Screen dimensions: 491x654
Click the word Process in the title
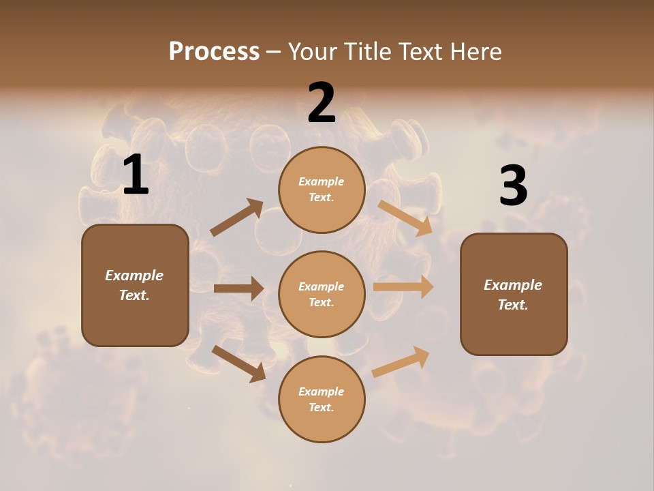coord(214,51)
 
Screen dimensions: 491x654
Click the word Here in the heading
coord(473,51)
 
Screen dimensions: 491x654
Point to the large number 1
coord(136,175)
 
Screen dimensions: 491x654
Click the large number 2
coord(322,103)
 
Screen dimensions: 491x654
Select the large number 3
coord(513,186)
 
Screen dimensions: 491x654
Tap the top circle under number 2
coord(322,190)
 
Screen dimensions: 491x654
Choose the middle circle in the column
coord(322,294)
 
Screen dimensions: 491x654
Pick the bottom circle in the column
coord(322,399)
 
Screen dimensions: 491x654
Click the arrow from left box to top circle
coord(237,218)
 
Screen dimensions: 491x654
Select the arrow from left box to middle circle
coord(238,288)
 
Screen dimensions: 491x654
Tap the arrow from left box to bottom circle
coord(238,363)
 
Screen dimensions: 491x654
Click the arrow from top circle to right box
coord(405,218)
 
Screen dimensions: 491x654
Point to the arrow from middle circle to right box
coord(403,287)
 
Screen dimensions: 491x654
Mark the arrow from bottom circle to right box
coord(401,362)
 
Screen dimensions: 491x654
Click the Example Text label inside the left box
coord(134,285)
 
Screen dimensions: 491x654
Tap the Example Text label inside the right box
coord(513,295)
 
